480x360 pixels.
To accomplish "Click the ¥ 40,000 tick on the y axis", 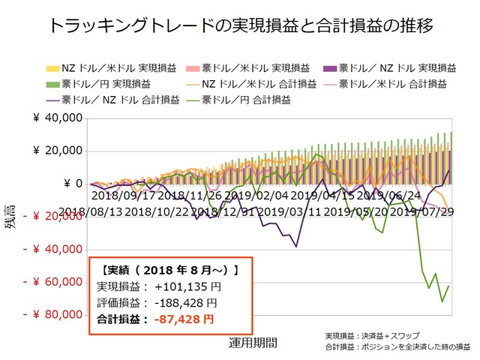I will (x=56, y=118).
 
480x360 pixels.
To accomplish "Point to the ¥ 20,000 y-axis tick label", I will (x=56, y=151).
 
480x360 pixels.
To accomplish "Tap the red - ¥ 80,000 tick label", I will (x=52, y=315).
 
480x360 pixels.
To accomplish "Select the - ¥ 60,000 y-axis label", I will (x=52, y=282).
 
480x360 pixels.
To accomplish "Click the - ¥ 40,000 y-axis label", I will (x=52, y=249).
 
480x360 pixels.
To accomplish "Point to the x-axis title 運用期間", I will (x=253, y=343).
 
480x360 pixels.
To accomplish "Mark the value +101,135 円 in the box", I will (x=187, y=286).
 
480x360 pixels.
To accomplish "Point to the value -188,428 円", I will (x=185, y=303).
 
